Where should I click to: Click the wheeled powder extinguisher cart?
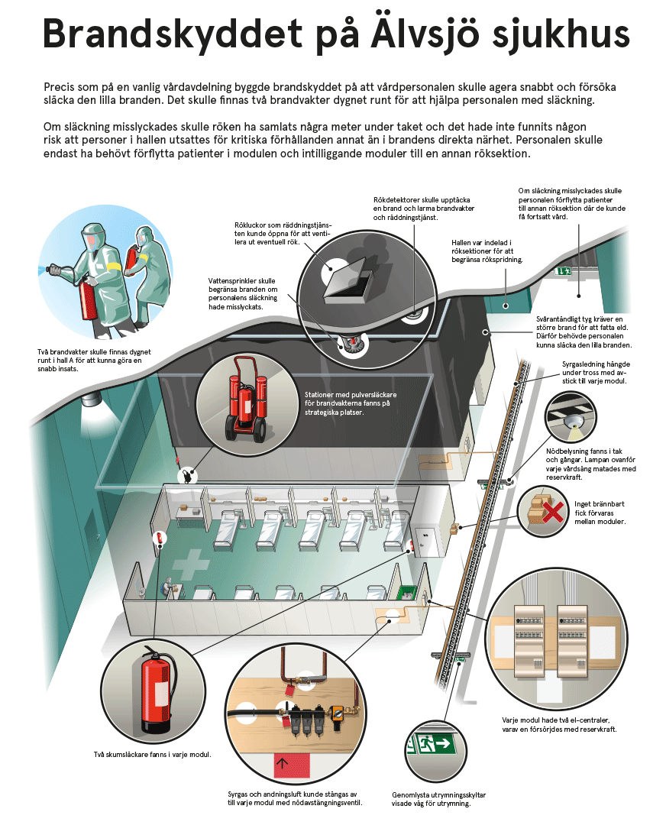coord(243,404)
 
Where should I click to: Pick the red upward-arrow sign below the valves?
coord(283,762)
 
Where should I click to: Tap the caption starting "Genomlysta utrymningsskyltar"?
coord(438,798)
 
